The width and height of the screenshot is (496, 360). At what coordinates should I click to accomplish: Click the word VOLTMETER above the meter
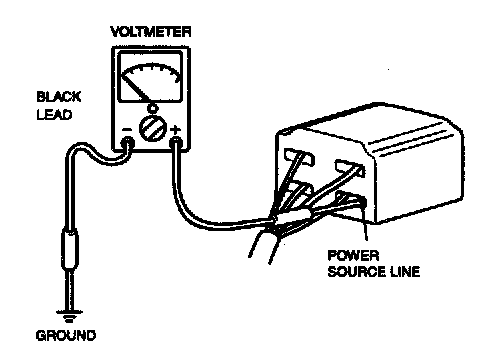click(151, 32)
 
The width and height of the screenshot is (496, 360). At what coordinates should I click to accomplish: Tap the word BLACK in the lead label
click(59, 97)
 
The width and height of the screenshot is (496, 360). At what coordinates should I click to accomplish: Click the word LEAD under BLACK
click(54, 115)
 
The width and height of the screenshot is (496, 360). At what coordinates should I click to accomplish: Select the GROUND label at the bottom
click(66, 335)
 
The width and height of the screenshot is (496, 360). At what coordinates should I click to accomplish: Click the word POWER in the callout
click(353, 256)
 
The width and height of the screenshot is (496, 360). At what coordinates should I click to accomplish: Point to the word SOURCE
click(357, 272)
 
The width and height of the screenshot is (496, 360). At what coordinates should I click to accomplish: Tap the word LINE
click(405, 272)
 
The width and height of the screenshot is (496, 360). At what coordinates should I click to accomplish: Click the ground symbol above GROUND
click(69, 317)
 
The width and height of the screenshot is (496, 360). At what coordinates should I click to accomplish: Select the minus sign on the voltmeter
click(127, 130)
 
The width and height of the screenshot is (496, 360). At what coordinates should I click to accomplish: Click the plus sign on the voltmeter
click(175, 129)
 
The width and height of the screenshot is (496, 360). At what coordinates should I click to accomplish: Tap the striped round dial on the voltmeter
click(153, 129)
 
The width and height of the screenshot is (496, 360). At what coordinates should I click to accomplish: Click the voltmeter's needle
click(135, 88)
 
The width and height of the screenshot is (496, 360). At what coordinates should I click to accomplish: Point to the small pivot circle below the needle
click(152, 108)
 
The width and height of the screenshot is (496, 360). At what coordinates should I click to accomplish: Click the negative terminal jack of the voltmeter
click(128, 143)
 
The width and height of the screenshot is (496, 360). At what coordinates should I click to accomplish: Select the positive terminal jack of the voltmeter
click(176, 144)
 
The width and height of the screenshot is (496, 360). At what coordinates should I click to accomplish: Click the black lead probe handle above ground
click(70, 247)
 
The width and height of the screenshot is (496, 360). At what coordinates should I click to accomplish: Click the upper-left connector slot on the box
click(299, 158)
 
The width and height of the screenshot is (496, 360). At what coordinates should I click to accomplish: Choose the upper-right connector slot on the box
click(350, 168)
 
